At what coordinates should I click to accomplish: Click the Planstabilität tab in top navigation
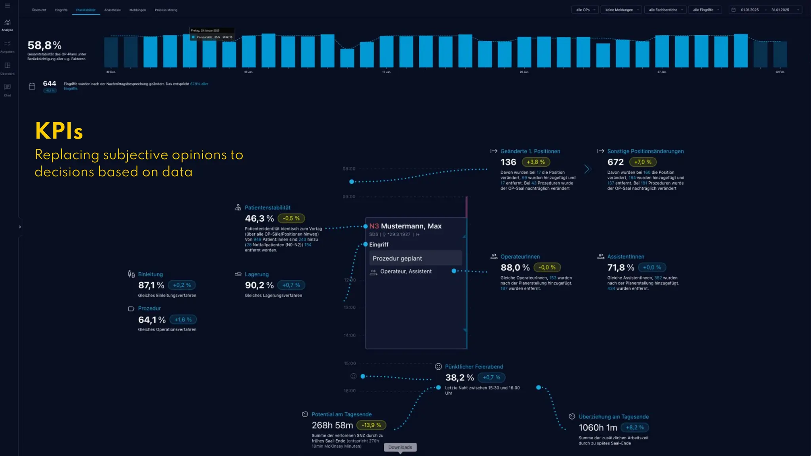(x=86, y=10)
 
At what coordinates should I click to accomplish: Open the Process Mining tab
(x=166, y=10)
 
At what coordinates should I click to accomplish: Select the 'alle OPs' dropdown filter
(x=585, y=10)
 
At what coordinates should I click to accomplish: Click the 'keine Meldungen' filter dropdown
(x=621, y=10)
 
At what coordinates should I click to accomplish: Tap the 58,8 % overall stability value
(x=44, y=45)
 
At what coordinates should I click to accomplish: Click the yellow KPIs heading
(x=59, y=131)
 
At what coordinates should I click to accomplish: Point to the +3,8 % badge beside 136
(x=535, y=162)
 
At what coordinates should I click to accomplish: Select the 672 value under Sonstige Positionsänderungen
(x=615, y=162)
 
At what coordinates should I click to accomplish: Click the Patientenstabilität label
(x=267, y=207)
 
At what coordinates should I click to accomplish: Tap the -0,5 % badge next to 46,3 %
(x=291, y=218)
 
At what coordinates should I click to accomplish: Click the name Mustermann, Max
(x=411, y=226)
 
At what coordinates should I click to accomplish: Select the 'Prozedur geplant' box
(x=415, y=258)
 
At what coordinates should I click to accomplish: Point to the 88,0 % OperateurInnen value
(x=515, y=268)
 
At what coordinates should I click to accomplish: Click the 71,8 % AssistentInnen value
(x=621, y=268)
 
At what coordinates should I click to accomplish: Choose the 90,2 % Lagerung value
(x=259, y=285)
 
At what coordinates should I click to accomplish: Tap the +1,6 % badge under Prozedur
(x=183, y=319)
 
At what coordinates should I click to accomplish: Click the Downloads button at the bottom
(x=400, y=447)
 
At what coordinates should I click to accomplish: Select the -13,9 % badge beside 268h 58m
(x=371, y=425)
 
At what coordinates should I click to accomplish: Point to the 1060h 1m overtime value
(x=598, y=427)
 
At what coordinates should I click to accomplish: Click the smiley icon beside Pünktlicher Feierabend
(x=438, y=367)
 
